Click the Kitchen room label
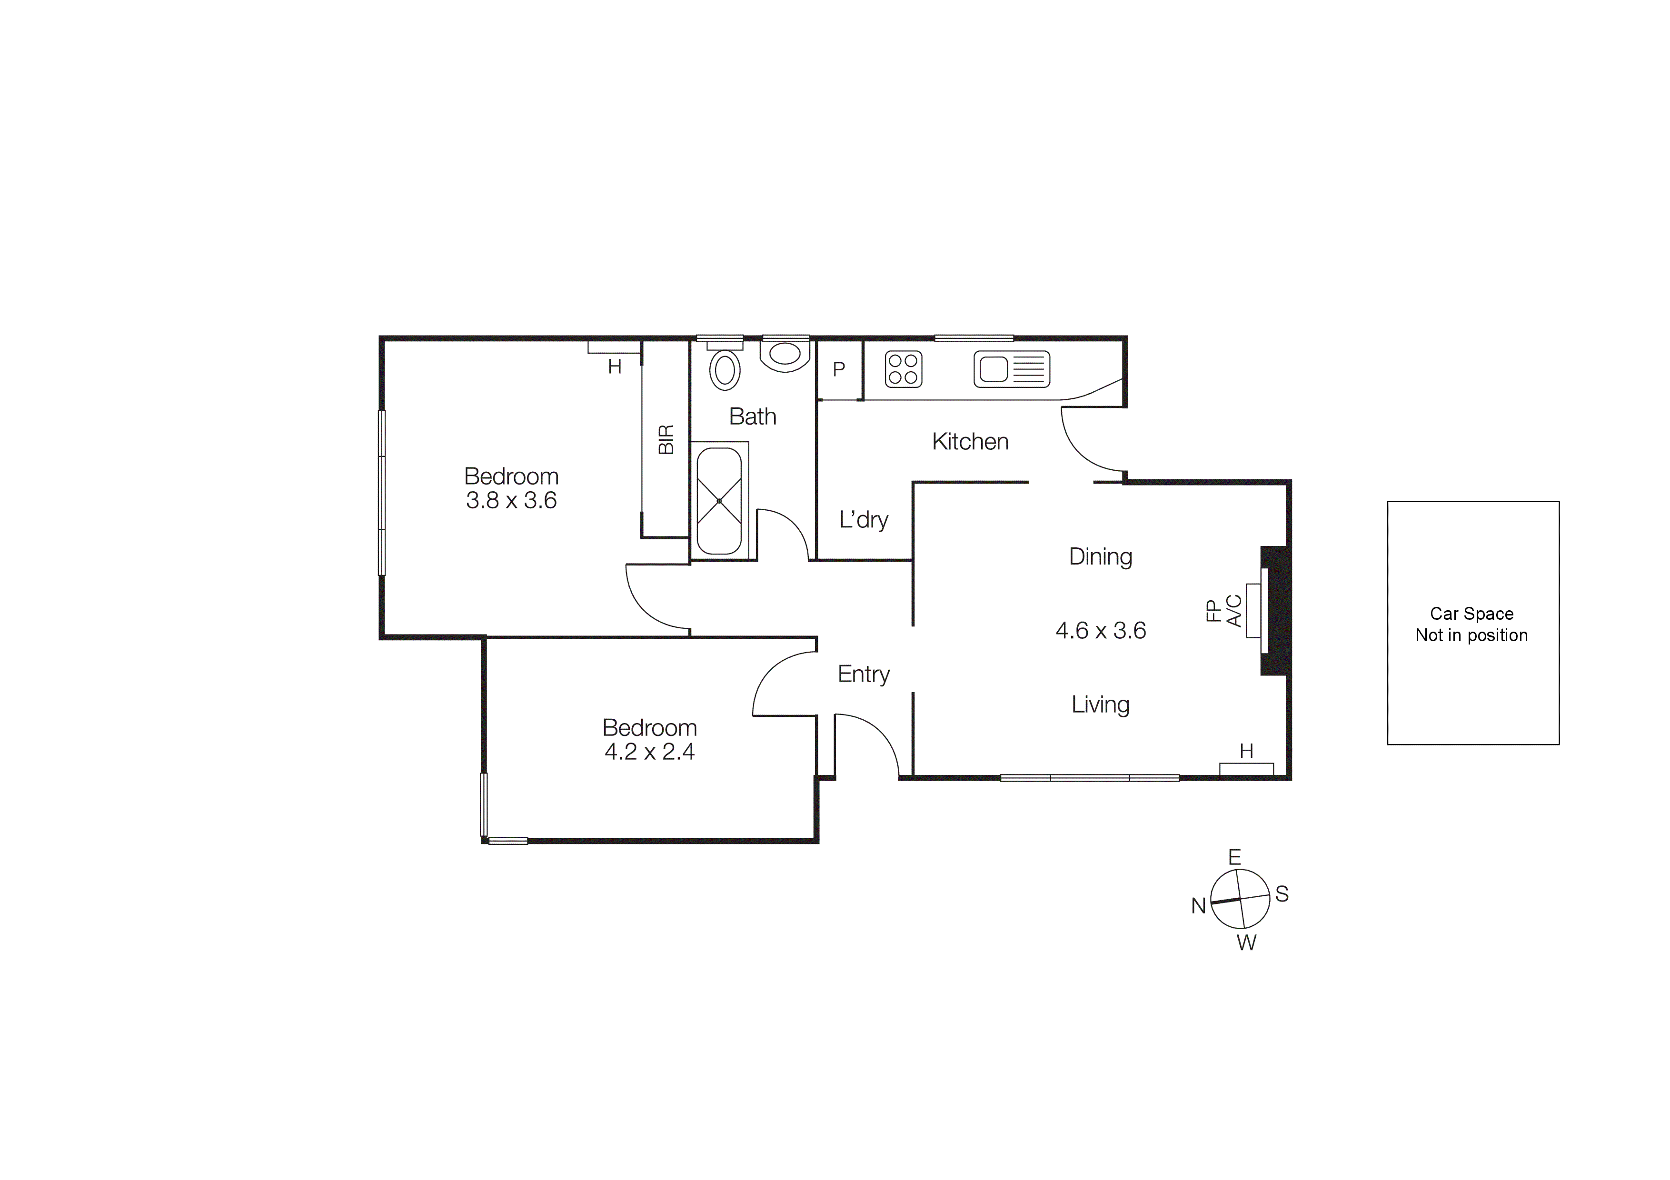(x=970, y=441)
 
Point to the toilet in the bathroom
(x=785, y=355)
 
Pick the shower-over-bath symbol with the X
(x=719, y=501)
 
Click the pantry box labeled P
(x=839, y=369)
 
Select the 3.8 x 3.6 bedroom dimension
(x=511, y=501)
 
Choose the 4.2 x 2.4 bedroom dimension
(x=649, y=752)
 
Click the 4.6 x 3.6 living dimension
(x=1101, y=630)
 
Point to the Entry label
(x=864, y=674)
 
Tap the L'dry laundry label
(x=864, y=520)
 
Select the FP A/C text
(x=1223, y=611)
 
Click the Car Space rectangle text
(x=1471, y=624)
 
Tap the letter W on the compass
(x=1247, y=943)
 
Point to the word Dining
(x=1101, y=557)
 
